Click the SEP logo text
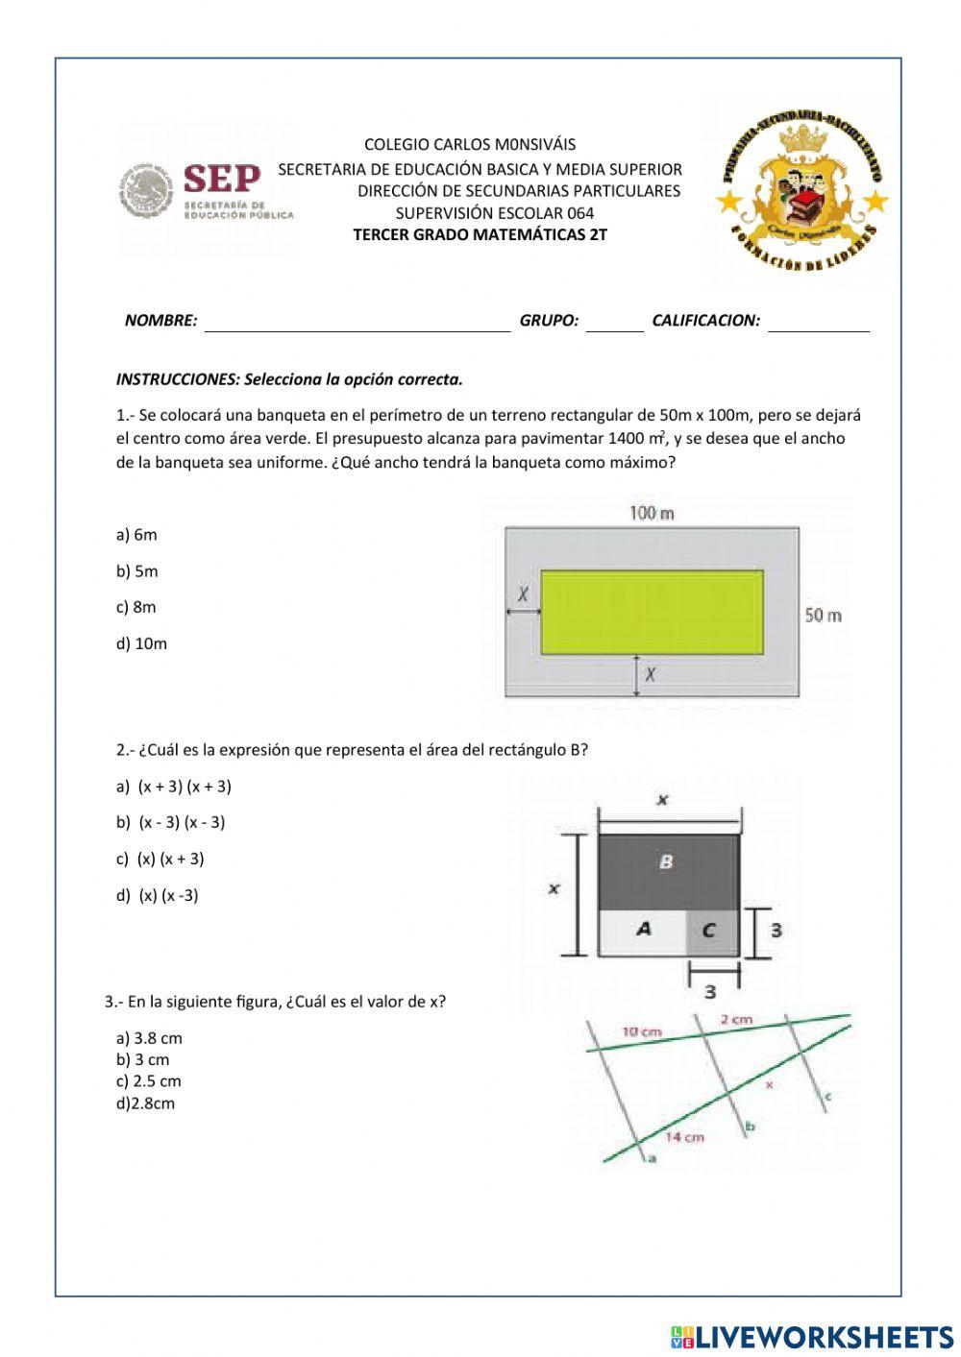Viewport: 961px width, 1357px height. pyautogui.click(x=221, y=179)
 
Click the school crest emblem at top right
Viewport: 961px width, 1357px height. pyautogui.click(x=802, y=187)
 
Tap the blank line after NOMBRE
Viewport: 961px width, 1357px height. pyautogui.click(x=357, y=323)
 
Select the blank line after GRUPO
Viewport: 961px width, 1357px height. pyautogui.click(x=614, y=323)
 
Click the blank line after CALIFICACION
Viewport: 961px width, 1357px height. pyautogui.click(x=818, y=323)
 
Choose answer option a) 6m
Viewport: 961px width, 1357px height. pyautogui.click(x=136, y=535)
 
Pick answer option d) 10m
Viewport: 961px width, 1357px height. pyautogui.click(x=141, y=643)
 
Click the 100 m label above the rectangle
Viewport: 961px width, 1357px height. pyautogui.click(x=652, y=513)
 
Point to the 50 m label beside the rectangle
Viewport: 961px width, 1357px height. pyautogui.click(x=824, y=615)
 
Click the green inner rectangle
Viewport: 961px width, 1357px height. pyautogui.click(x=652, y=612)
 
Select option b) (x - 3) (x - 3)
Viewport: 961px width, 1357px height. pyautogui.click(x=171, y=822)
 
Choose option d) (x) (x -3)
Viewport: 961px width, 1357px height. pyautogui.click(x=158, y=895)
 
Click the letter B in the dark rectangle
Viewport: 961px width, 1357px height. pyautogui.click(x=666, y=862)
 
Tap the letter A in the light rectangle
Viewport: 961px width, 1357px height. pyautogui.click(x=643, y=929)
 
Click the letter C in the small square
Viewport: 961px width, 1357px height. pyautogui.click(x=709, y=930)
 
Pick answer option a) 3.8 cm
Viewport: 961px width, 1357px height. pyautogui.click(x=149, y=1038)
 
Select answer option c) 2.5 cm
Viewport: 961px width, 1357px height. pyautogui.click(x=149, y=1081)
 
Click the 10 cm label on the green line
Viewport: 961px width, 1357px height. pyautogui.click(x=641, y=1032)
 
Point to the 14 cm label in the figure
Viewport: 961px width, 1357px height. pyautogui.click(x=684, y=1137)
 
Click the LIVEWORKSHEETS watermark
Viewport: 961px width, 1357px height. pyautogui.click(x=812, y=1336)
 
